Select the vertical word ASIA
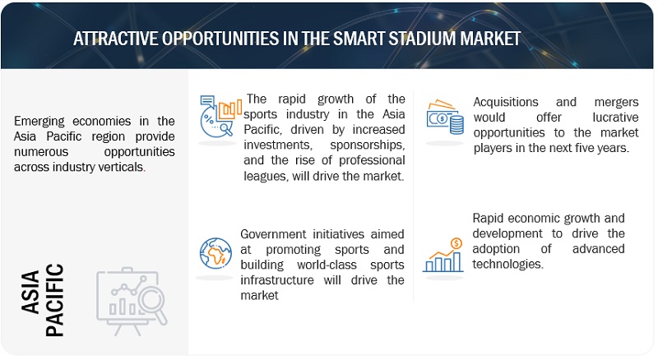(30, 292)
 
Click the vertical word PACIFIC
(54, 300)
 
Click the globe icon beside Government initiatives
(215, 253)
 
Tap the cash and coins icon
(445, 118)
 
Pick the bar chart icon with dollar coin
(443, 255)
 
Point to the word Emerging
(39, 122)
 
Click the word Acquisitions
(506, 102)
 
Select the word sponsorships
(367, 145)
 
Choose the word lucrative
(615, 118)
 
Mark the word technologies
(507, 265)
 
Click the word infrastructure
(277, 279)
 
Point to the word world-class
(327, 265)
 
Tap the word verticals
(122, 167)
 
